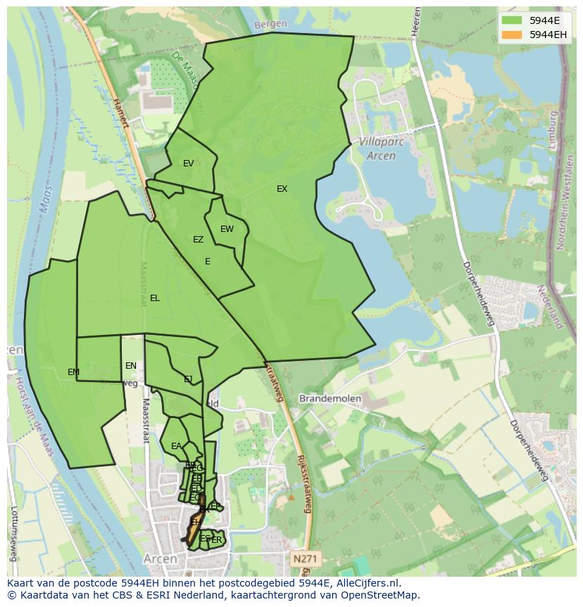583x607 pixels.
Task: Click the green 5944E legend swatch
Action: click(x=513, y=20)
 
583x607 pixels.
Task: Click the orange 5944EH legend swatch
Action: click(x=513, y=35)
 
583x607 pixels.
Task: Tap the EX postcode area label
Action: click(x=282, y=189)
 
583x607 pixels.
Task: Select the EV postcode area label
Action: click(x=188, y=164)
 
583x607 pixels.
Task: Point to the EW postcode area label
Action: click(x=227, y=229)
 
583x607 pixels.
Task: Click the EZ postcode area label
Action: click(x=198, y=240)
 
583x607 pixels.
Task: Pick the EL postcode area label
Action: click(x=154, y=298)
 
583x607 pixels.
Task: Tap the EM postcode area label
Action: click(x=73, y=372)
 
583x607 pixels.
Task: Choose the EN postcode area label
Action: click(x=131, y=366)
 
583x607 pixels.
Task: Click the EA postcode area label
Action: click(x=176, y=446)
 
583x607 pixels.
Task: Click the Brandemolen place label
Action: click(x=330, y=398)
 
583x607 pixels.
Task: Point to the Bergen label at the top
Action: click(x=271, y=24)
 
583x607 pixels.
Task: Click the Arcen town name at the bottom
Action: click(x=160, y=558)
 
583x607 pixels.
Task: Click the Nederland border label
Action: click(x=550, y=307)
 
